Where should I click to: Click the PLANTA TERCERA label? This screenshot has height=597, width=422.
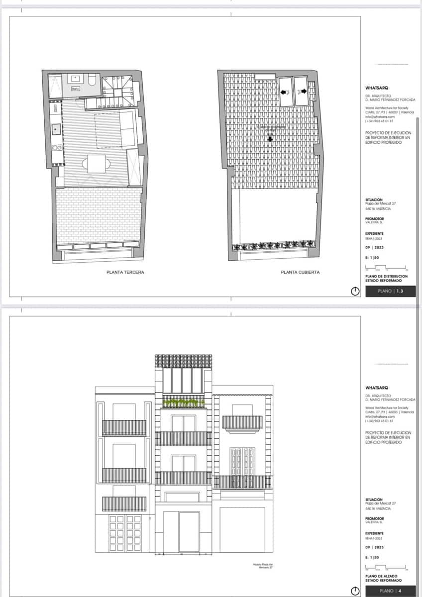click(125, 272)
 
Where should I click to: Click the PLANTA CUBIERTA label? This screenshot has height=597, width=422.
click(300, 272)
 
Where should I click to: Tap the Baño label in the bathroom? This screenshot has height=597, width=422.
click(76, 89)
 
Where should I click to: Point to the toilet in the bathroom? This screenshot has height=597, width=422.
click(92, 81)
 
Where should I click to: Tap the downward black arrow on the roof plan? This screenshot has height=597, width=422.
click(270, 139)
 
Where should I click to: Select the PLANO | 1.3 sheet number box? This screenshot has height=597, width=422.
click(390, 292)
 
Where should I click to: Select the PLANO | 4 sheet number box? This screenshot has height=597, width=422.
click(390, 591)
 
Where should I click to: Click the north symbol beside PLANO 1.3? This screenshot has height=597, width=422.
click(355, 292)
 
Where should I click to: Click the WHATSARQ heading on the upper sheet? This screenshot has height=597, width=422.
click(377, 88)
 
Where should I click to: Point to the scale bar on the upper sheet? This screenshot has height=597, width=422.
click(386, 267)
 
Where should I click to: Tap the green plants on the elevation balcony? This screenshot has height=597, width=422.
click(183, 401)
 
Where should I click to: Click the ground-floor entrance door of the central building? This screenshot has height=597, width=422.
click(189, 532)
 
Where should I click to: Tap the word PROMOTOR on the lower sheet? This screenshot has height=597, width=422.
click(374, 518)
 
